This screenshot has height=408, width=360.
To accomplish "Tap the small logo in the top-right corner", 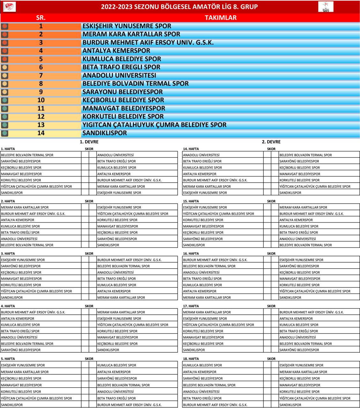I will pos(326,7).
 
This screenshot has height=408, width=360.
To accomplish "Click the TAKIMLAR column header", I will pos(220,18).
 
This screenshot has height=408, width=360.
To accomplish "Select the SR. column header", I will pos(41,18).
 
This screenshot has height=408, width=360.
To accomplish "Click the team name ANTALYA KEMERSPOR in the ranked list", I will pos(116,51).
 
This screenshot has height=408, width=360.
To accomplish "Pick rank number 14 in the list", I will pos(41,133).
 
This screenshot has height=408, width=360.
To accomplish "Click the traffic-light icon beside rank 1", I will pos(4,26).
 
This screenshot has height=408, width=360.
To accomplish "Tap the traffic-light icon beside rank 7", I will pos(4,76).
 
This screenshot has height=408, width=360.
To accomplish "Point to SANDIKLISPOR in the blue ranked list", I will pos(105,133).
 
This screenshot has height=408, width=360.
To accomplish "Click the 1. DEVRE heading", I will pos(89,142).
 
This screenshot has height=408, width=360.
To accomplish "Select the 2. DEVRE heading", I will pos(271,142).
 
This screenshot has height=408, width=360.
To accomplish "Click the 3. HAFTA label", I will pos(8,254).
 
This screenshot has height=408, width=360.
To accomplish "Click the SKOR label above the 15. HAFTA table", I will pos(271,201).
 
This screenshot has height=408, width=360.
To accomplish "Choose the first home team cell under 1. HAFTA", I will pos(27,155).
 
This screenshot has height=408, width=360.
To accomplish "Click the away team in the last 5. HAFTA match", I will pos(129,405).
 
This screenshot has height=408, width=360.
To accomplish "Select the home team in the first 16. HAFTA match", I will pos(215,260).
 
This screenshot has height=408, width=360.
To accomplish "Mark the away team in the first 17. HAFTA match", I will pos(311,312).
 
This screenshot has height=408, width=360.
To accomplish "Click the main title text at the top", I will pos(179,7).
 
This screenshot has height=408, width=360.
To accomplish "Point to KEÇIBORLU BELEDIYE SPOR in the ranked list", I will pos(123,100).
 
